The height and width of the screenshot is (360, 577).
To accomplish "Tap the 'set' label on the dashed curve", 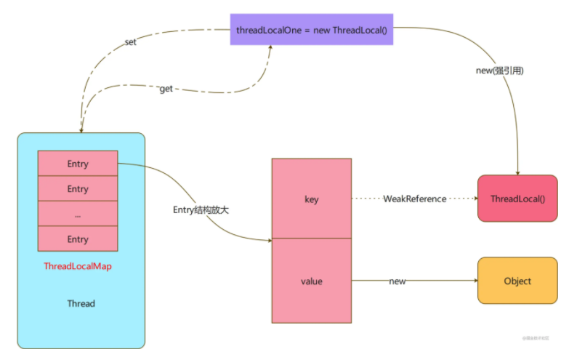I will click(130, 42).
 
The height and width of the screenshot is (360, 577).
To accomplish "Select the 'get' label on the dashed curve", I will click(166, 88).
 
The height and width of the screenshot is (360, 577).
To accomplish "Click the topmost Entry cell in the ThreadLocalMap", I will click(78, 164).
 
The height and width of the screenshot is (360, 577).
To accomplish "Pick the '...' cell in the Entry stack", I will click(78, 214).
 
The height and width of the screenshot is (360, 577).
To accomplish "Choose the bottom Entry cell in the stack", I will click(78, 239).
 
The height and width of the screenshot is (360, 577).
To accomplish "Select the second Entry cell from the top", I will click(78, 189).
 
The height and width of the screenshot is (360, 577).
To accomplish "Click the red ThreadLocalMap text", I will click(78, 266).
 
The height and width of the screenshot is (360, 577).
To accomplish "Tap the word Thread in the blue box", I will click(81, 303).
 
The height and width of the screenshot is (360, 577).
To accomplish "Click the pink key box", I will click(311, 199).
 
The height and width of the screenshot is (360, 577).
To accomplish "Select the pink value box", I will click(311, 281).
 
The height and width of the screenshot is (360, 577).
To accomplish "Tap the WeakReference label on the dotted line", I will click(415, 199).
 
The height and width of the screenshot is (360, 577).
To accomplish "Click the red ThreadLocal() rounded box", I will click(517, 199).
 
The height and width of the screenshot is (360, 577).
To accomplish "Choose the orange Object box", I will click(517, 281).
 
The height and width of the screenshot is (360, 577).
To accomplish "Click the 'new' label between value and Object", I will click(398, 281).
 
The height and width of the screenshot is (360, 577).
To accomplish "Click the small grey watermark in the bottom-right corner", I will click(536, 338).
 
